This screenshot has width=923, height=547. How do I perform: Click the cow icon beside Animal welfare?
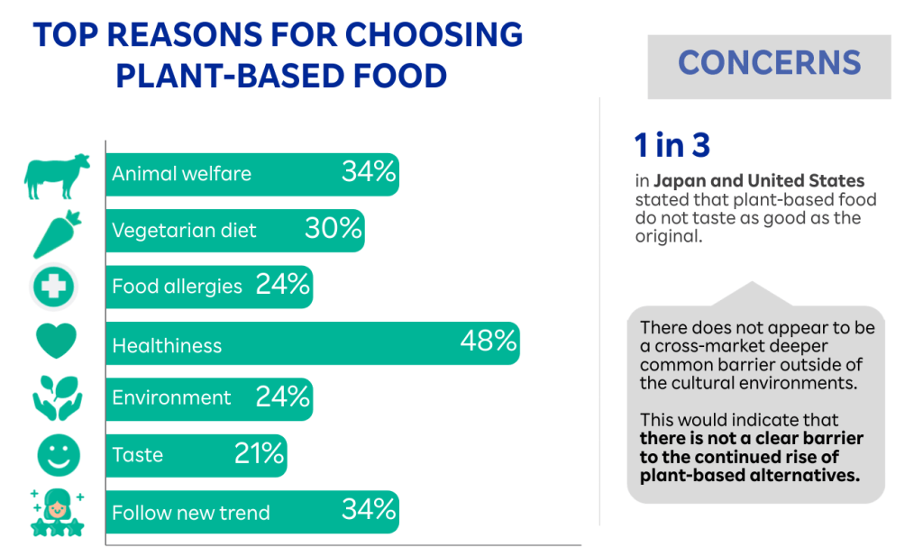(57, 175)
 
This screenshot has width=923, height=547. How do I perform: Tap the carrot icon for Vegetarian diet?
(58, 232)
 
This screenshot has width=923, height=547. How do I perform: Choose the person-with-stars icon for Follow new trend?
(57, 511)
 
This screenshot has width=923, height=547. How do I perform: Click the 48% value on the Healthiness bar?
(488, 341)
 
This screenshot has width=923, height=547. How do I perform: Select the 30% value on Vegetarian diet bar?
(333, 229)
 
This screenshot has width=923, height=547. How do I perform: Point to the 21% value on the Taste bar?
(259, 453)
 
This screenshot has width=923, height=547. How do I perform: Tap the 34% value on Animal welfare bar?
(369, 172)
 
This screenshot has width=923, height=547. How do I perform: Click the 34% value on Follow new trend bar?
(369, 510)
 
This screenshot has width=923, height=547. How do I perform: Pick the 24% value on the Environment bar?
(282, 397)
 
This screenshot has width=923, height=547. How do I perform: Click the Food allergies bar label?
(177, 287)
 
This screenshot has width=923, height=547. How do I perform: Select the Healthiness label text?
(167, 345)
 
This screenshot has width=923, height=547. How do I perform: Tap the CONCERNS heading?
(769, 63)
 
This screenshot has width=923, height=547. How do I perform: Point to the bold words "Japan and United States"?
(759, 180)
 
